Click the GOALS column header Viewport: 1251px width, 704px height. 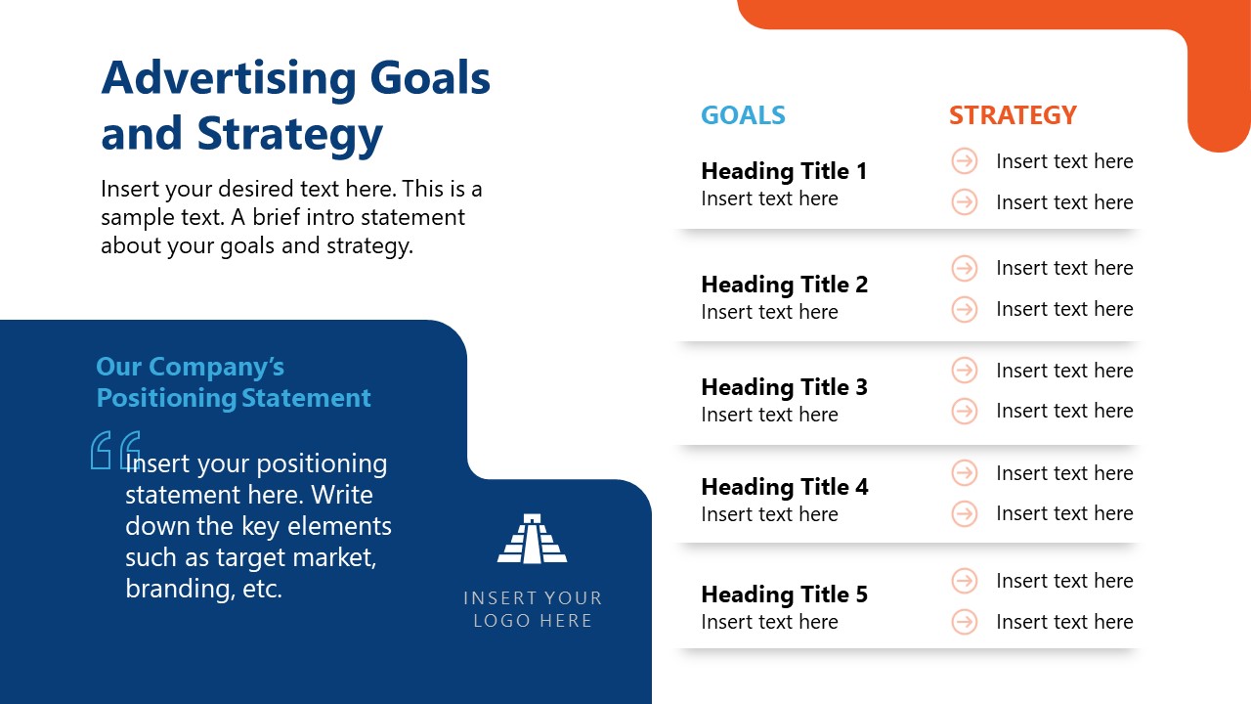point(743,115)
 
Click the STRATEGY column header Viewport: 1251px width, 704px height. point(1013,115)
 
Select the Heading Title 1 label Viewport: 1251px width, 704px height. point(784,171)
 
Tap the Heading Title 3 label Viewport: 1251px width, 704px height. point(784,387)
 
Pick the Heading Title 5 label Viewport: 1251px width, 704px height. point(784,594)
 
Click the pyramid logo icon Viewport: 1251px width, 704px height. point(532,539)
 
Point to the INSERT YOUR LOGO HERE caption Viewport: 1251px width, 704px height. point(533,608)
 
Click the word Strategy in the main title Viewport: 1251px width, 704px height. point(289,134)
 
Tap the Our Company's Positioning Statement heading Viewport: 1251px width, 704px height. point(234,382)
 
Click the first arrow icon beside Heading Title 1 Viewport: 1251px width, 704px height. point(965,161)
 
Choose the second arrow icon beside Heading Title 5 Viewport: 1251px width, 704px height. point(965,622)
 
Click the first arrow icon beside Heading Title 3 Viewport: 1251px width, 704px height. point(965,371)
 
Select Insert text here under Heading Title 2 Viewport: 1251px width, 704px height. point(769,312)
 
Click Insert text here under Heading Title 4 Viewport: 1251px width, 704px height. point(769,514)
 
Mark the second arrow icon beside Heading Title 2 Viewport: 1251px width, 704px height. point(965,309)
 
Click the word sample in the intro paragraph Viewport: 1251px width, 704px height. point(133,216)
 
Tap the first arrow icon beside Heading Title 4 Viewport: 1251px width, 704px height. point(965,473)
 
